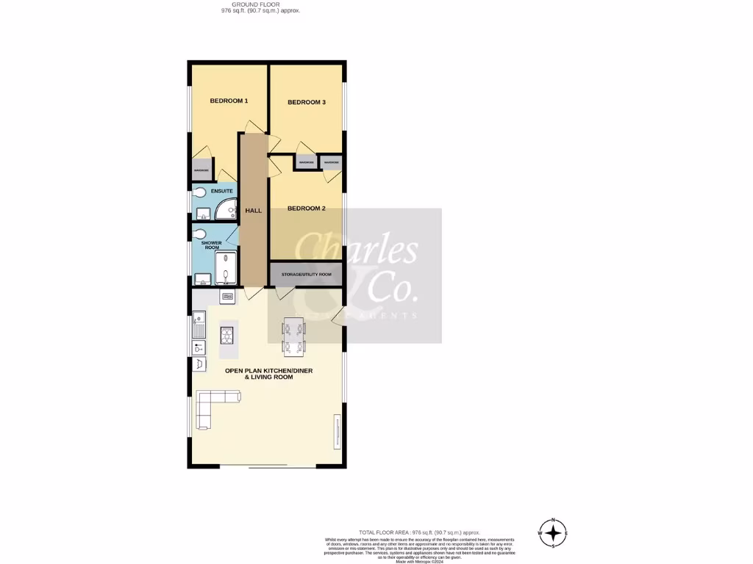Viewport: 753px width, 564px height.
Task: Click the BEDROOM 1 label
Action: pos(229,101)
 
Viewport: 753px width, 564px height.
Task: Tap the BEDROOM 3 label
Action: pos(306,102)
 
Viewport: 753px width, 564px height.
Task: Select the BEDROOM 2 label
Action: pos(306,209)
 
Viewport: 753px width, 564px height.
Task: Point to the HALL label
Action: pos(253,211)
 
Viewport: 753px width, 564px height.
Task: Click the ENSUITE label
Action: pos(221,191)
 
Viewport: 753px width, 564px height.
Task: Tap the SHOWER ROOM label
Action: pos(211,245)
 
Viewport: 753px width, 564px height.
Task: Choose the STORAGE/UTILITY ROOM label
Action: pos(306,275)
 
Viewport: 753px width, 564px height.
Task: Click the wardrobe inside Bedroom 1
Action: pos(201,170)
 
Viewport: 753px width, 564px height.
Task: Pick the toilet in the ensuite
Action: pos(199,194)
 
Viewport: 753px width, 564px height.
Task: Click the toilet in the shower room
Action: pos(199,235)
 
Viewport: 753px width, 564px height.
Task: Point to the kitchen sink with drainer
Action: pos(199,324)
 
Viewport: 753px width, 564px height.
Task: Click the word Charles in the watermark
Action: pos(356,251)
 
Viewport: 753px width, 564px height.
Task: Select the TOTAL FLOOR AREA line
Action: pos(419,532)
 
